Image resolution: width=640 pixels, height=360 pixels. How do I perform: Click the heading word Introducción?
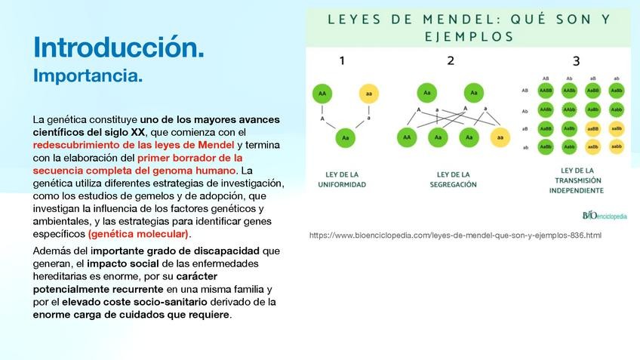(118, 47)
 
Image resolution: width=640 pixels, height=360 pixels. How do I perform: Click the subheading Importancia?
(88, 76)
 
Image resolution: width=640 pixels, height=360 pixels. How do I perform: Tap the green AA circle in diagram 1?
(322, 94)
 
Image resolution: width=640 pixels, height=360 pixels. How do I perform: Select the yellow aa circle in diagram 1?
(368, 94)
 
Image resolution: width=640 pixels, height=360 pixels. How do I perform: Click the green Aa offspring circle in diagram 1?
(345, 138)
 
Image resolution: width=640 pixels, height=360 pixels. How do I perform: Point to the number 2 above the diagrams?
(451, 61)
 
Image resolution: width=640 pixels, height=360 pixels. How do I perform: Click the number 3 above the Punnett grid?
(576, 61)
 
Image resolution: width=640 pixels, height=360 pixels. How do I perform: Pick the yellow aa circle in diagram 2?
(499, 137)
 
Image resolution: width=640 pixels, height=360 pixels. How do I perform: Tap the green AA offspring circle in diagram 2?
(407, 137)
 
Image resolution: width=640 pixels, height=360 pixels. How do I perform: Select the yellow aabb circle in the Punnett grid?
(617, 146)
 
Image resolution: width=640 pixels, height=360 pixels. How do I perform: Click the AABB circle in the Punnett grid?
(545, 91)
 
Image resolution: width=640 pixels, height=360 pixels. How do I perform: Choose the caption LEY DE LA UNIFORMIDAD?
(342, 179)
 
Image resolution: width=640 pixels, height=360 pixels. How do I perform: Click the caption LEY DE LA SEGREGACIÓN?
(453, 179)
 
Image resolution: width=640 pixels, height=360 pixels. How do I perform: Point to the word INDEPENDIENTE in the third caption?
(577, 190)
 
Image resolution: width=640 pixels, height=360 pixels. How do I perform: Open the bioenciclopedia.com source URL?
(455, 235)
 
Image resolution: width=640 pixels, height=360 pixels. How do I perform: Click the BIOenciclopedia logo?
(605, 216)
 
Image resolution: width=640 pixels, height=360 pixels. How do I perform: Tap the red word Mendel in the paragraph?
(215, 144)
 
